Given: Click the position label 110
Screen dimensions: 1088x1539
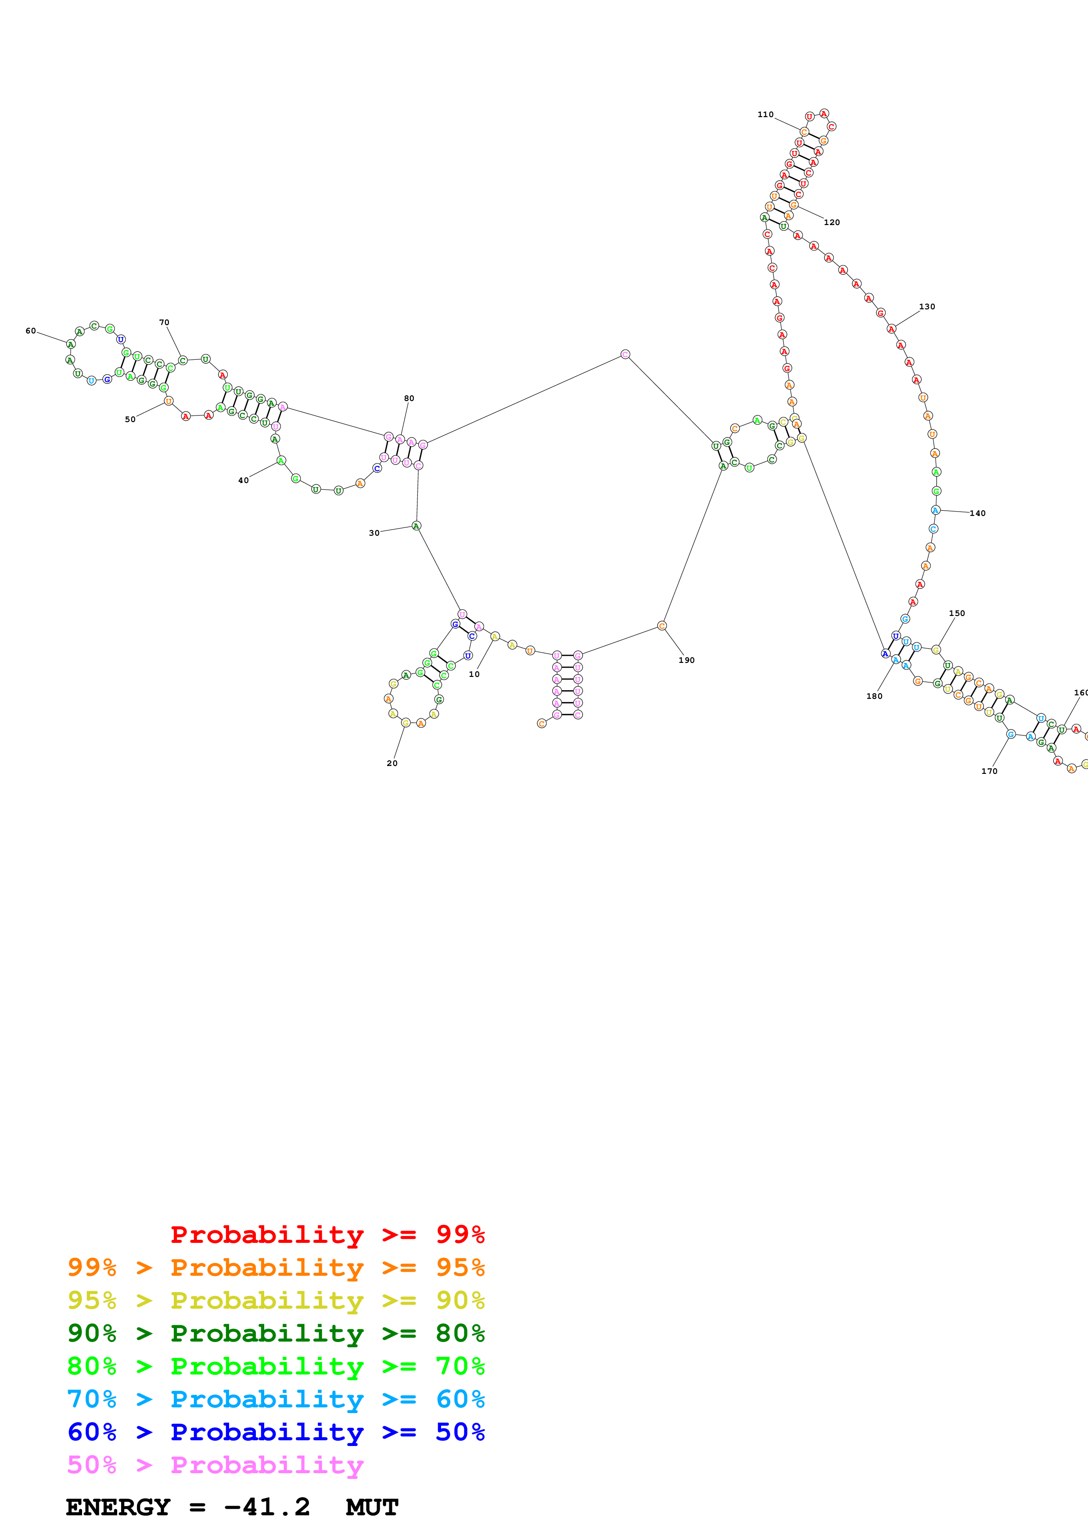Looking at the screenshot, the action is [765, 115].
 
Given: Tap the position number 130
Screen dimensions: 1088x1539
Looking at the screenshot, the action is [926, 306].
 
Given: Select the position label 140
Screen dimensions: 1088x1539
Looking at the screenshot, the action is [977, 513].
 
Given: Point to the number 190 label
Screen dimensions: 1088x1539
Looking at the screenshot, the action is [686, 660].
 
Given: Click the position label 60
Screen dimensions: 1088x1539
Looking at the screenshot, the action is [31, 330].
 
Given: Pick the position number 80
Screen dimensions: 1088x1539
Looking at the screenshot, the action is [409, 398].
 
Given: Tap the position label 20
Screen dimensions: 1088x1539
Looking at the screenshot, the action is [392, 763].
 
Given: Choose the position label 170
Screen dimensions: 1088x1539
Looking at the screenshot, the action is [989, 771].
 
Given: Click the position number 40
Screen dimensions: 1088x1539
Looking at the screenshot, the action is [243, 480].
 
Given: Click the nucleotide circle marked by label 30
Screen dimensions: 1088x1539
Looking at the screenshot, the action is [417, 526].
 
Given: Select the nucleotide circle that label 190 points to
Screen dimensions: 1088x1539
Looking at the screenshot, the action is [662, 626].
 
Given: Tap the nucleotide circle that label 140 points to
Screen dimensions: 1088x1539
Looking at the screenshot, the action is [936, 510].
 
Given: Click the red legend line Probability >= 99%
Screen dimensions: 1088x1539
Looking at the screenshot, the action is [327, 1234].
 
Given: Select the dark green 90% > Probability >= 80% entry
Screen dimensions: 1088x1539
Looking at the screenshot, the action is [276, 1333].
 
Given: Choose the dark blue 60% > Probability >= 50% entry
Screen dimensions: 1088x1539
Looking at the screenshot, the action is [276, 1432].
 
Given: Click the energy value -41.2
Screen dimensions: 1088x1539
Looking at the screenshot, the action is [267, 1507].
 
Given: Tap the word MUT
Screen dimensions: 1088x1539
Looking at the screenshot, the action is [372, 1507].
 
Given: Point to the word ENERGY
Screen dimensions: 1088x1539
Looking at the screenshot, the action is [118, 1507].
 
